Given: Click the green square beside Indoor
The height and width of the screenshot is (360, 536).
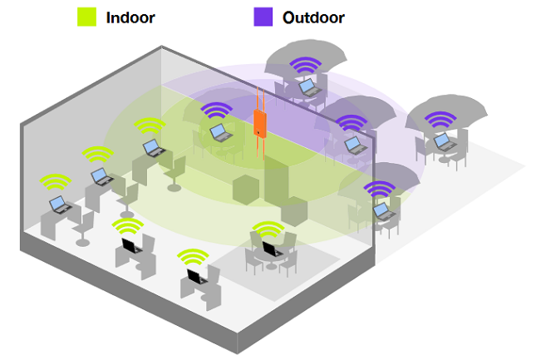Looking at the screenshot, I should click(86, 16).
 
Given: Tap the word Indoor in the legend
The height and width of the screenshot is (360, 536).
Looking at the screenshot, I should click(131, 17).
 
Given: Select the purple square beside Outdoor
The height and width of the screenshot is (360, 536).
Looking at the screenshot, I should click(263, 16).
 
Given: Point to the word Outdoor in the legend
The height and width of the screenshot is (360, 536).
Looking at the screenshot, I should click(313, 17).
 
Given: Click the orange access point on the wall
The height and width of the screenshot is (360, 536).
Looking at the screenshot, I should click(260, 122).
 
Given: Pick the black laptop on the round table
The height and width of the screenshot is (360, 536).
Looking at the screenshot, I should click(270, 249).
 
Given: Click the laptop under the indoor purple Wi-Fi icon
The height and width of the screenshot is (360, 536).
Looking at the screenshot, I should click(219, 131).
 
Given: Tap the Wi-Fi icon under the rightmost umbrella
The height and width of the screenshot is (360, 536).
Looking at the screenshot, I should click(439, 121).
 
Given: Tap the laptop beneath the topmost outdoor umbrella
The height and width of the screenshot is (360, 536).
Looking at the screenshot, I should click(307, 86).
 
